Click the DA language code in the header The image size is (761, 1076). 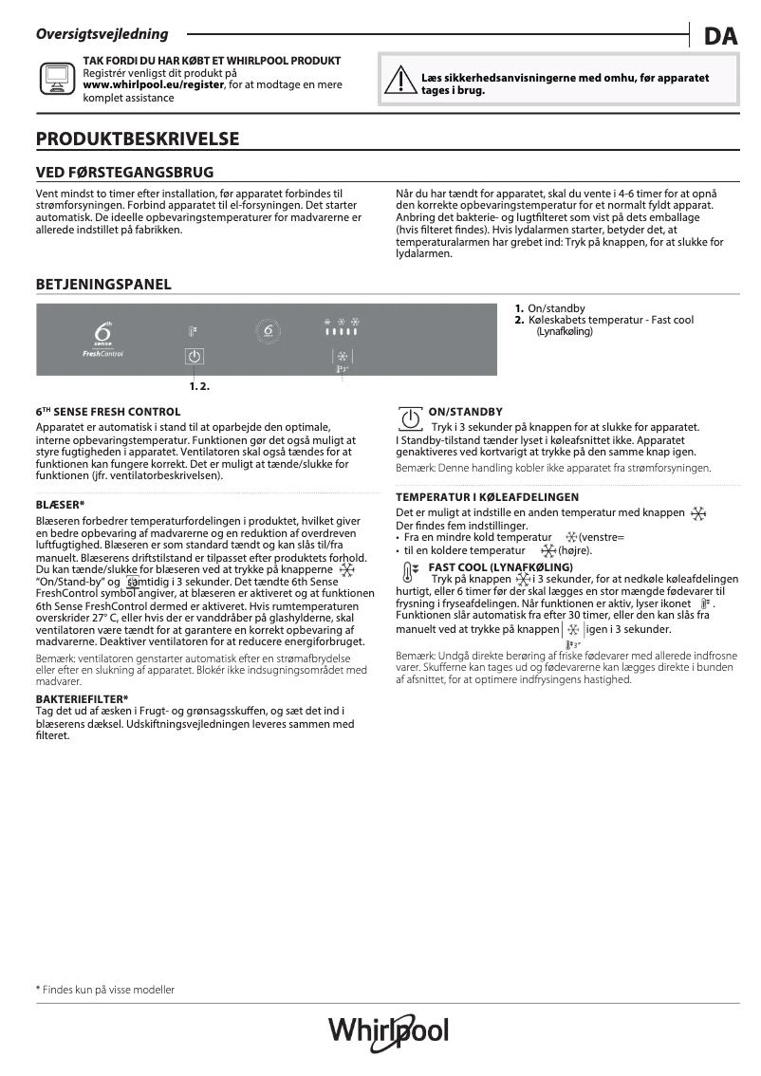pos(720,37)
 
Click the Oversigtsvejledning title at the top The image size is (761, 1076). pos(102,34)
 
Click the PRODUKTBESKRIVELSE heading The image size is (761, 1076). pos(137,139)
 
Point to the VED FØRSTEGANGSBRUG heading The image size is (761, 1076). pos(124,173)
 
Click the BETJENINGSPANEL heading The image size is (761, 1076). pos(103,284)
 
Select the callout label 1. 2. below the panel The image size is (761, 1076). pos(199,386)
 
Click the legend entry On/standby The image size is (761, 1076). pos(556,309)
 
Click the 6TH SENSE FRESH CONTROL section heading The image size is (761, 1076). pos(107,413)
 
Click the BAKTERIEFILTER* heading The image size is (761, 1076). pos(82,699)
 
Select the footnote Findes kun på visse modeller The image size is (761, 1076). pos(105,990)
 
